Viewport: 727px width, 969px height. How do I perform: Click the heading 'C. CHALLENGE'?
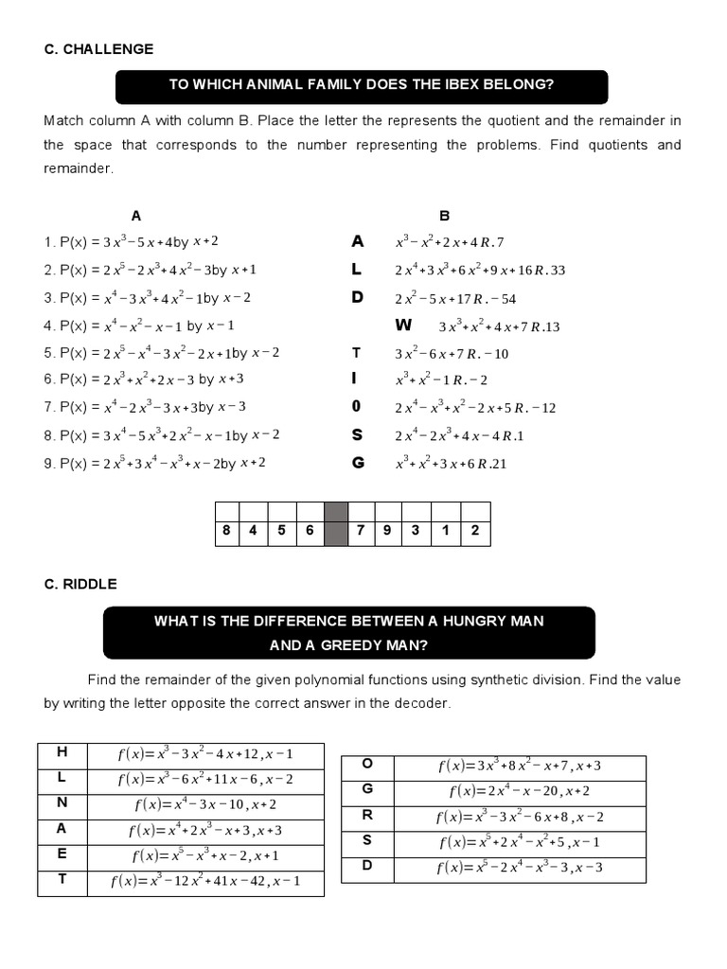point(98,49)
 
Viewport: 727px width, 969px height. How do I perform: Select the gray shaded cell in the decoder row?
point(336,530)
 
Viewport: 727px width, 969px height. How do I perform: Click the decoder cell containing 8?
point(226,530)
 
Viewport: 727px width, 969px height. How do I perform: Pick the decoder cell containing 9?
point(388,530)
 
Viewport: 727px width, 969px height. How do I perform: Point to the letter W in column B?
point(404,326)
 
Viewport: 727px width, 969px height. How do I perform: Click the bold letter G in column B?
point(357,464)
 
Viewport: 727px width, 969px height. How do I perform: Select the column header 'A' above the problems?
point(135,216)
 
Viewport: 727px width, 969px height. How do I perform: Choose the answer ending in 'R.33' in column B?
point(480,270)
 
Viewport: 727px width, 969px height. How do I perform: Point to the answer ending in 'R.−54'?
point(455,298)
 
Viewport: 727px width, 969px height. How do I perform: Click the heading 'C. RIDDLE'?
point(80,584)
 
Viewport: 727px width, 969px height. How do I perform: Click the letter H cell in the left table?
point(62,752)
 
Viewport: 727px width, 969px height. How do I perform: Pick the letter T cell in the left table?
point(62,880)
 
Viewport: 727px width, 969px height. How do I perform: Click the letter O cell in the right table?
point(367,765)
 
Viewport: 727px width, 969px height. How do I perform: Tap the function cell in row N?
point(204,804)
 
